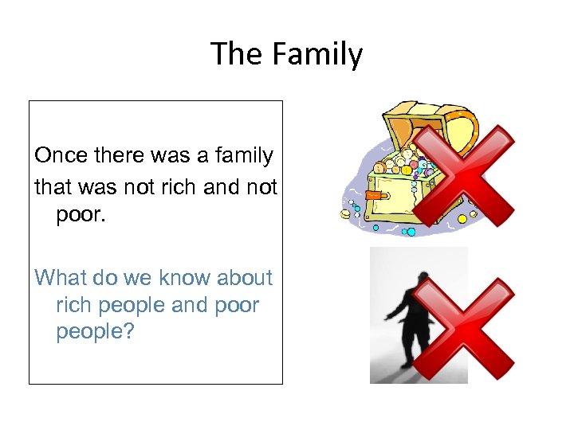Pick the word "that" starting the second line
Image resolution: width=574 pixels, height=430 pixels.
53,187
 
